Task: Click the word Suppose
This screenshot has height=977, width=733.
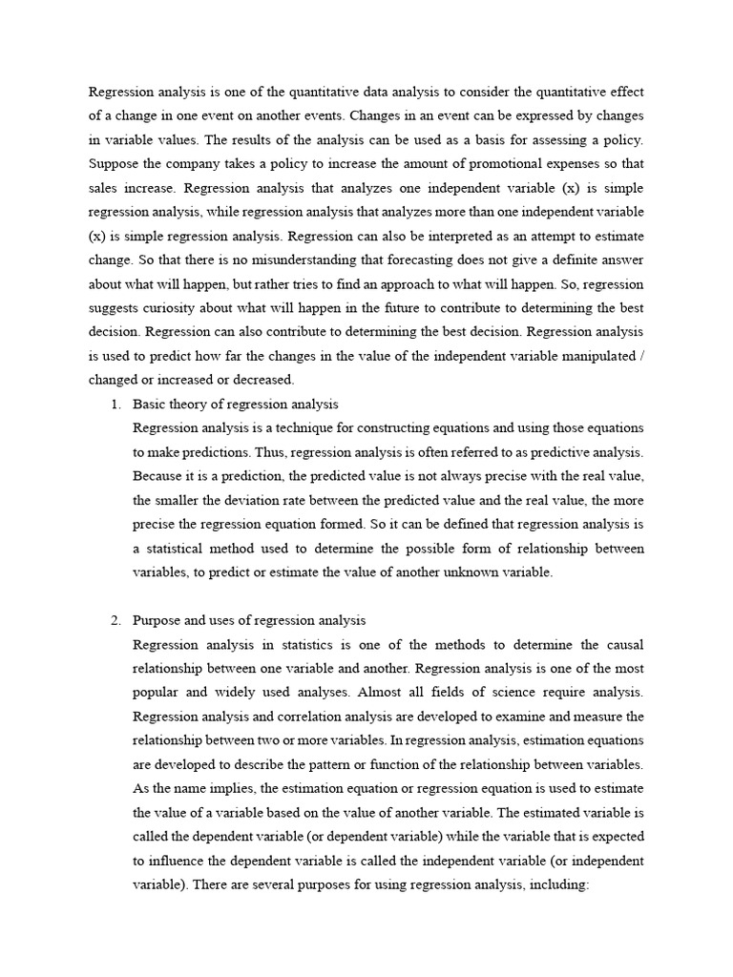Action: point(113,163)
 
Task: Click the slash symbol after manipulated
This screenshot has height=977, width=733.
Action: point(639,356)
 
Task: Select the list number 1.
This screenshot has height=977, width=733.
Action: point(115,405)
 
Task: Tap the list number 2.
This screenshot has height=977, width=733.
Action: point(115,620)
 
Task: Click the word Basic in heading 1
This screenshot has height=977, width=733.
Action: point(150,405)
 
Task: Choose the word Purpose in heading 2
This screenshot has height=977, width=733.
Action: point(156,620)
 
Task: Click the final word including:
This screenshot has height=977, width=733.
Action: point(563,884)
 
